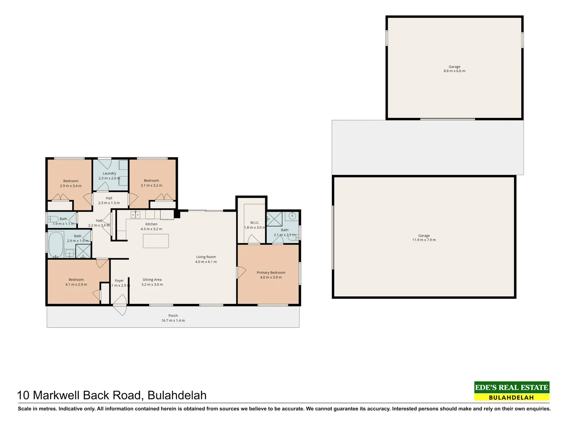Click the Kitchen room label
coord(151,224)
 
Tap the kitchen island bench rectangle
coord(156,241)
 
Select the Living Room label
coord(206,257)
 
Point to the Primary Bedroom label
coord(271,272)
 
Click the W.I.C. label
coord(254,223)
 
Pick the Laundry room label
coord(109,173)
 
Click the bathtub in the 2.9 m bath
coord(56,244)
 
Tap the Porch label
coord(173,316)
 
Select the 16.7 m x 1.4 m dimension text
coord(173,321)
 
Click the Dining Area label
coord(152,280)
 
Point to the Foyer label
coord(119,281)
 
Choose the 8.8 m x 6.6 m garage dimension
coord(454,71)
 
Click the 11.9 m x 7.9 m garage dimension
coord(424,240)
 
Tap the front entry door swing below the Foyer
coord(120,309)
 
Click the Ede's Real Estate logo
coord(512,391)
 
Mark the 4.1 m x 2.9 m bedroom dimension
coord(76,285)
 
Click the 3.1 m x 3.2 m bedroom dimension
coord(151,185)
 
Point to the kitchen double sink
coord(136,215)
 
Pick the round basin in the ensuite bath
coord(293,216)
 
